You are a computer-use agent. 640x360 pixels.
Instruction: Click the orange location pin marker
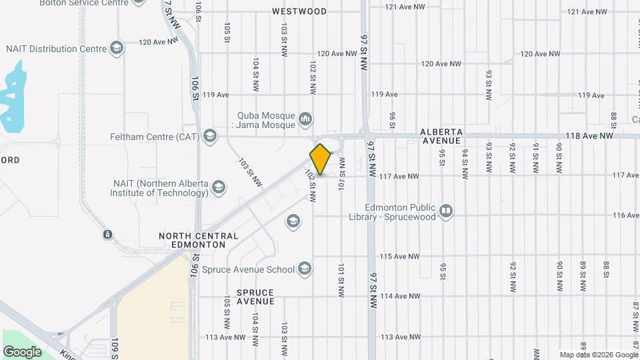pyautogui.click(x=321, y=159)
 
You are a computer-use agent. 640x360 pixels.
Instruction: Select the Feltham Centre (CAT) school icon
pyautogui.click(x=211, y=137)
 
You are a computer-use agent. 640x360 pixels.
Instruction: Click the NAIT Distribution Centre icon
pyautogui.click(x=117, y=48)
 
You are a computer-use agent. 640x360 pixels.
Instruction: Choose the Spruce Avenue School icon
pyautogui.click(x=305, y=269)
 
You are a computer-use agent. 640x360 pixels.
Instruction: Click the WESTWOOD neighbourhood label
pyautogui.click(x=299, y=11)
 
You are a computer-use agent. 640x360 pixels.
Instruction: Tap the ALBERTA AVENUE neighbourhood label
pyautogui.click(x=441, y=137)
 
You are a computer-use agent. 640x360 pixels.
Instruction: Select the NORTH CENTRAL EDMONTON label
pyautogui.click(x=198, y=240)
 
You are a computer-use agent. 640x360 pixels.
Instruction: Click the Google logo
pyautogui.click(x=22, y=351)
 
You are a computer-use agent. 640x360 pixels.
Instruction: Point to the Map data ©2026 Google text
pyautogui.click(x=598, y=355)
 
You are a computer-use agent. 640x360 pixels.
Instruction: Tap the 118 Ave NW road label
pyautogui.click(x=589, y=135)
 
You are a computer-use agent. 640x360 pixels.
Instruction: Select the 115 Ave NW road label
pyautogui.click(x=400, y=256)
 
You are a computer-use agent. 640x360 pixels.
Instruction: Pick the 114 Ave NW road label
pyautogui.click(x=400, y=296)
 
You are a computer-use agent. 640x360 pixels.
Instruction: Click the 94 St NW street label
pyautogui.click(x=465, y=161)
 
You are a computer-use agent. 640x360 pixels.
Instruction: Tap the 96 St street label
pyautogui.click(x=393, y=119)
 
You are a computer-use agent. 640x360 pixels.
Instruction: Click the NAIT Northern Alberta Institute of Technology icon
pyautogui.click(x=218, y=188)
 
